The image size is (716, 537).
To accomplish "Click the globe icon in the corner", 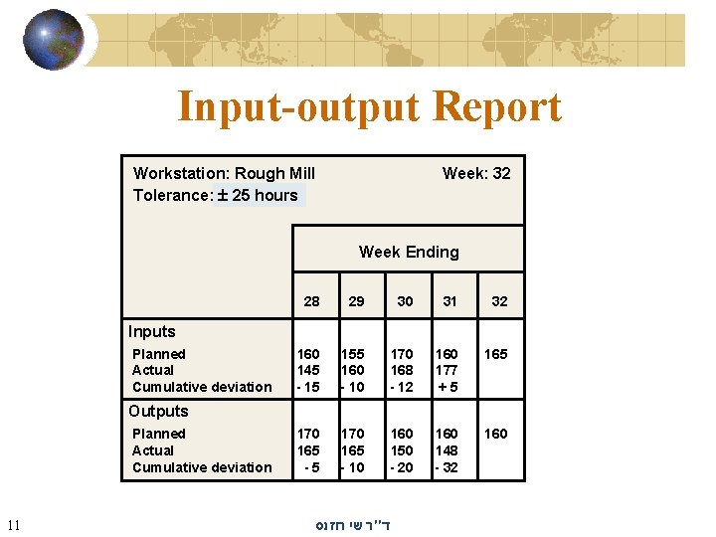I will point(54,40).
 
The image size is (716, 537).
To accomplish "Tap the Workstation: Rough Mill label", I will point(224,173).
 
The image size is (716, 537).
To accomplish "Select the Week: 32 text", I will point(476,173).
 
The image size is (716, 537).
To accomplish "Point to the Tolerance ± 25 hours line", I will point(216,195).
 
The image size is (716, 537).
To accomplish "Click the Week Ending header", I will point(409,252).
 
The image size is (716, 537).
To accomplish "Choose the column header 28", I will point(311,301).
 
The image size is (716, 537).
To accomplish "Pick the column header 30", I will point(405,301).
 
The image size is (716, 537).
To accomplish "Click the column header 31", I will point(449,301).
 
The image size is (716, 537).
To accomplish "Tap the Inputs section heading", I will point(151,331).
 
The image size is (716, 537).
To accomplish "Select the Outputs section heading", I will point(157,411).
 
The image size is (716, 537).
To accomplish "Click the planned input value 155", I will point(354,354).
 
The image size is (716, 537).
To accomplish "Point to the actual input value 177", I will point(447,370).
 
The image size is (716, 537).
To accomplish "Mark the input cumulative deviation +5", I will point(447,387).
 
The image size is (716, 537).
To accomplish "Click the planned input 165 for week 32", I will point(495,354).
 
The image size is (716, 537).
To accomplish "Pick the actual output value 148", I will point(447,450).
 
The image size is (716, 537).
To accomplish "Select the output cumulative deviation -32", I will point(447,467).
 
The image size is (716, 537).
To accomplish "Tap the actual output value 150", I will point(402,450).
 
